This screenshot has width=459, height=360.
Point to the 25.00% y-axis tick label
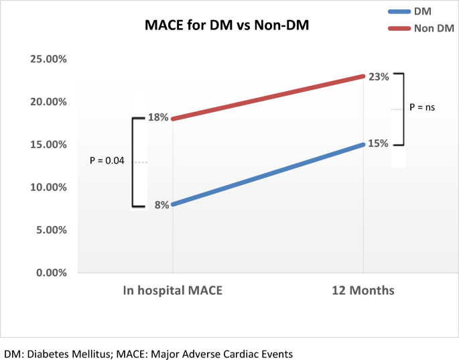tap(48, 59)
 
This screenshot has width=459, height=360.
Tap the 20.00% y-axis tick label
tap(48, 102)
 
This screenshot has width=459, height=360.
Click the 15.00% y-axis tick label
tap(48, 144)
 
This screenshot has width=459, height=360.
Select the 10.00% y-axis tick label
tap(48, 187)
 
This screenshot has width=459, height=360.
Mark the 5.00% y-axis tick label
tap(51, 230)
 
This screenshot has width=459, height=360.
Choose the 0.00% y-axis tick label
tap(51, 272)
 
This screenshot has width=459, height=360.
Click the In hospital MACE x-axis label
tap(172, 291)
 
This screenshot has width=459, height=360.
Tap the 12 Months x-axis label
tap(363, 291)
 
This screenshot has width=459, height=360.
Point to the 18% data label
tap(158, 118)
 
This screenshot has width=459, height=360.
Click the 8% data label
tap(161, 205)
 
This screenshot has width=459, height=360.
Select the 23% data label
tap(379, 76)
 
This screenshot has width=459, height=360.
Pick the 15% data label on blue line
tap(379, 143)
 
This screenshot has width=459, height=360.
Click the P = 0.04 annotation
tap(107, 161)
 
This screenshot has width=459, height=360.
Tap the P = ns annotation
tap(423, 107)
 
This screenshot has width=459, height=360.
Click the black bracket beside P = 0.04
tap(133, 162)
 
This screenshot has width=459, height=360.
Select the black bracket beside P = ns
tap(403, 109)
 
